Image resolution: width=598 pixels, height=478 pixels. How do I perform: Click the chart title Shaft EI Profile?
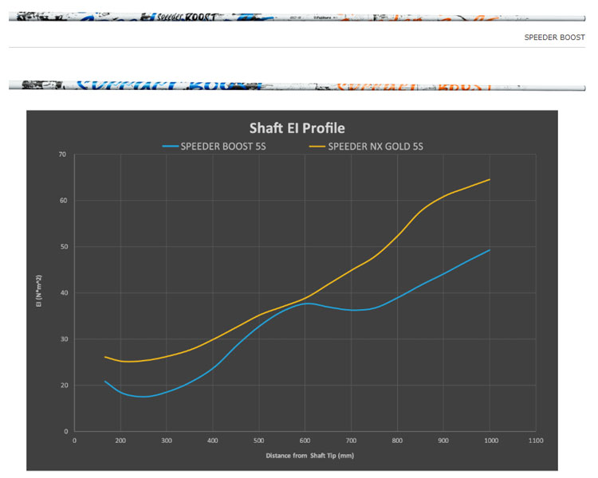(x=297, y=127)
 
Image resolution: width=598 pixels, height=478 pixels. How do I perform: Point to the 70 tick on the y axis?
(x=62, y=154)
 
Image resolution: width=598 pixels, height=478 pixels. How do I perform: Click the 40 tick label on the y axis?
(x=62, y=292)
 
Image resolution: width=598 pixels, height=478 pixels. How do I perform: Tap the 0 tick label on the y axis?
(x=65, y=431)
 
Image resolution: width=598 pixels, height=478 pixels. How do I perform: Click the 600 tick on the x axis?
(x=305, y=440)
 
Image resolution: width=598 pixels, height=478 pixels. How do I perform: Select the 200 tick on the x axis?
(x=120, y=440)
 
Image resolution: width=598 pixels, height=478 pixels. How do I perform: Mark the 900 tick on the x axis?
(x=443, y=440)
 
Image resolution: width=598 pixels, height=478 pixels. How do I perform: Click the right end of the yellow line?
(x=490, y=180)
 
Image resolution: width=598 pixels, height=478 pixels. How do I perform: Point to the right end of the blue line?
(x=490, y=250)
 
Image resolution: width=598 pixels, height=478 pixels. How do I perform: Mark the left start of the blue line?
(x=105, y=382)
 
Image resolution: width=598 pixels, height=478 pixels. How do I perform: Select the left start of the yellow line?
(x=105, y=357)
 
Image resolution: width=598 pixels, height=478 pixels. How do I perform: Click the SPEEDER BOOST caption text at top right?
(x=554, y=37)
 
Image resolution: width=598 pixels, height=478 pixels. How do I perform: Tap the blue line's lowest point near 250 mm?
(x=142, y=397)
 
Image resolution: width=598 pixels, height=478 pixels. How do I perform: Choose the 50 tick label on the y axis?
(x=62, y=246)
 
